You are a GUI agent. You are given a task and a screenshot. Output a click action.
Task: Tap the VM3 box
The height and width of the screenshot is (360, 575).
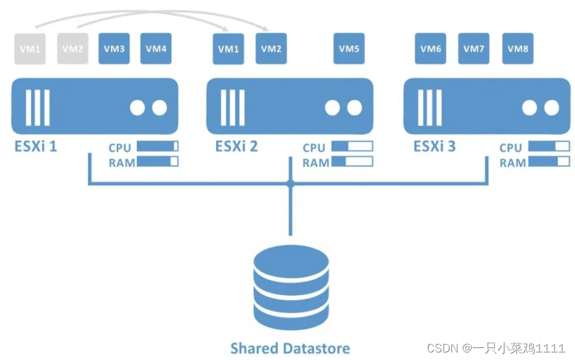[x=114, y=49]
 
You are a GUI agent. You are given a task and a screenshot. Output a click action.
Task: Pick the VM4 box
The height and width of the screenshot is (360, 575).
[x=156, y=49]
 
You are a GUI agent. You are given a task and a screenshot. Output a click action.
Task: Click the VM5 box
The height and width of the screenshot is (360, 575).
[x=349, y=49]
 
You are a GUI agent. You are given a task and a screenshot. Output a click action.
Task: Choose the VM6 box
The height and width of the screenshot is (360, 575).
[x=431, y=49]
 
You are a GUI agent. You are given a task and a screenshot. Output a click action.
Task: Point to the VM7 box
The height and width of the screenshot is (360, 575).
[x=473, y=49]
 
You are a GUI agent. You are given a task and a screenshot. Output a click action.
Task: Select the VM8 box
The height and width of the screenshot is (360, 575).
[x=518, y=49]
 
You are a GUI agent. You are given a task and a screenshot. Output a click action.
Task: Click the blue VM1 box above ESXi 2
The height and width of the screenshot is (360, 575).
[x=229, y=49]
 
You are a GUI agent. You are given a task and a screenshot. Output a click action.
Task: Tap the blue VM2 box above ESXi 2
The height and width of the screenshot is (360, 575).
[x=271, y=49]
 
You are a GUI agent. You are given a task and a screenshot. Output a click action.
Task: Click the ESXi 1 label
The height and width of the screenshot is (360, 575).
[x=36, y=146]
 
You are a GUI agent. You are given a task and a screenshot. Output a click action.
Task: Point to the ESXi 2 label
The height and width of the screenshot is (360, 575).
[x=236, y=146]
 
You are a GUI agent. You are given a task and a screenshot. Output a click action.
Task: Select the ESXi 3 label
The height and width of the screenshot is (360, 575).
[x=434, y=146]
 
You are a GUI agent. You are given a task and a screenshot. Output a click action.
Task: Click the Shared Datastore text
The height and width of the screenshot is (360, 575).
[x=290, y=348]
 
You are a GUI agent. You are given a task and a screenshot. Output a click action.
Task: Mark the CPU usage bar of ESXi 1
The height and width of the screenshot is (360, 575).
[x=158, y=146]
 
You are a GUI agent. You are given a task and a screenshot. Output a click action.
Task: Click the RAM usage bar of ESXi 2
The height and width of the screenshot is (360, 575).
[x=352, y=161]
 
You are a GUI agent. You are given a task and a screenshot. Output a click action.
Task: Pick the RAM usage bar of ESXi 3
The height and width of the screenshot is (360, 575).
[x=549, y=161]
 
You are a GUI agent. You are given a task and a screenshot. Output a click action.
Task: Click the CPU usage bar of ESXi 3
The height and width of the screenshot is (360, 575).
[x=549, y=146]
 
